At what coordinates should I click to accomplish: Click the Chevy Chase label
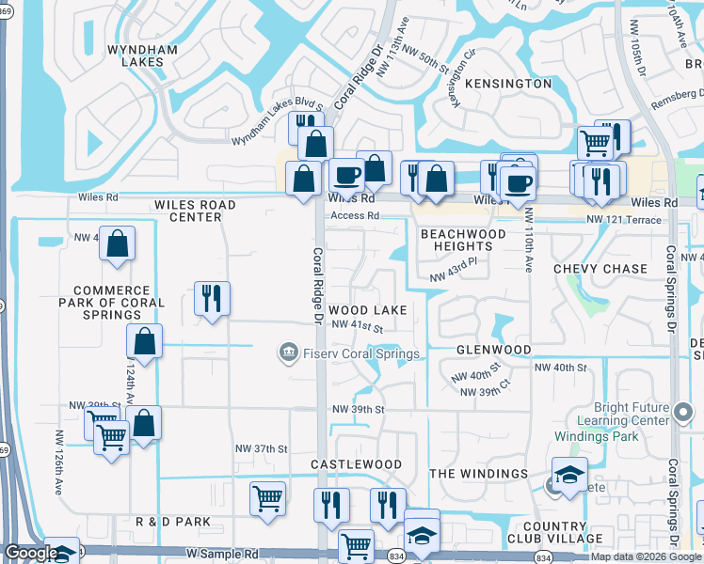tap(600, 269)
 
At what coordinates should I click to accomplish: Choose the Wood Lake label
tap(368, 310)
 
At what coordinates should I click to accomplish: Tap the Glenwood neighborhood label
tap(494, 350)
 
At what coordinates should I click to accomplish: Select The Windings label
tap(478, 474)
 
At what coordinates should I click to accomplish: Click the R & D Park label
tap(173, 522)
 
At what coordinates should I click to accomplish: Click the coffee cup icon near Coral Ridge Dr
tap(346, 176)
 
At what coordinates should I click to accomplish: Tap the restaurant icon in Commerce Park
tap(212, 299)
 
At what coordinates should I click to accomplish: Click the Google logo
tap(31, 554)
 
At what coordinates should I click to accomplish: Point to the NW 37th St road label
tap(256, 449)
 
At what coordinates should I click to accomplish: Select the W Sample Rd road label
tap(221, 556)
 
